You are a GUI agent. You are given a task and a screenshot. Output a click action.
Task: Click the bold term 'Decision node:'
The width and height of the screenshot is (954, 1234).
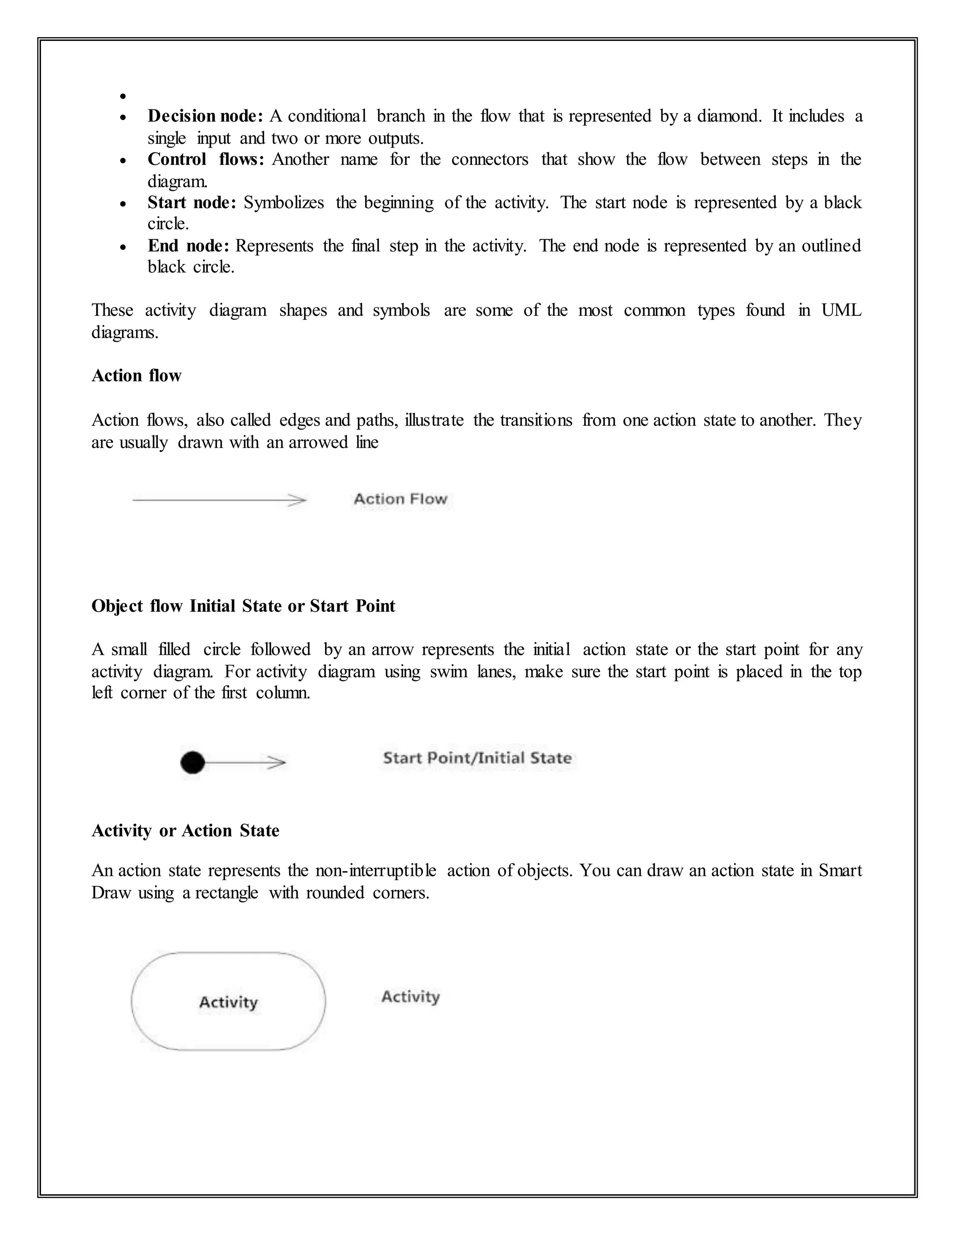point(205,116)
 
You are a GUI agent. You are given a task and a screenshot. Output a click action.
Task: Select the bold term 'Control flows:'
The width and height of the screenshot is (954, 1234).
point(206,159)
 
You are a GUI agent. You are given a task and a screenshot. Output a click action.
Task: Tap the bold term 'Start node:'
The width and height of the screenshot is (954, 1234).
point(191,203)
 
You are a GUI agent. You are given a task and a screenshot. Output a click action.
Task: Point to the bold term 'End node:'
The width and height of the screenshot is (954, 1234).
point(188,246)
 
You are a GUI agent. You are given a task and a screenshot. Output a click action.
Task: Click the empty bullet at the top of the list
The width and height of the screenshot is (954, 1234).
point(123,96)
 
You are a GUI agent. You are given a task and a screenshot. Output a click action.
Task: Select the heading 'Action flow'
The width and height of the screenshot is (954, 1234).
point(136,376)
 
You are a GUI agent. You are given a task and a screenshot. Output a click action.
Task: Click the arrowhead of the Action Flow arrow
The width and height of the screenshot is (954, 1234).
point(298,500)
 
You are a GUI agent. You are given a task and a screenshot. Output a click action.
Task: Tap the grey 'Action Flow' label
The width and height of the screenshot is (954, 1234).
point(400,499)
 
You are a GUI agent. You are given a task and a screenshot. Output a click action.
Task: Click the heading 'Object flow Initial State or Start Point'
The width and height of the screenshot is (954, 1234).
point(243,606)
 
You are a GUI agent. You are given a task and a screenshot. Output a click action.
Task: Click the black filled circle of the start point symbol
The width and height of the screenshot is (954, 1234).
point(193,763)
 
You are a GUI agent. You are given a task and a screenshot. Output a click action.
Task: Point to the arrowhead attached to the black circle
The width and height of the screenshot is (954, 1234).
point(278,763)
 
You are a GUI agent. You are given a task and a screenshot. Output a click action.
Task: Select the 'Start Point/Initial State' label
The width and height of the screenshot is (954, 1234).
point(477,758)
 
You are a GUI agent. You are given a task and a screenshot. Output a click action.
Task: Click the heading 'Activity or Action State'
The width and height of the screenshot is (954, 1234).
point(185,831)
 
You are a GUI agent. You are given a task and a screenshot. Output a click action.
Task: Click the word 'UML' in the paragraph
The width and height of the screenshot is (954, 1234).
point(841,311)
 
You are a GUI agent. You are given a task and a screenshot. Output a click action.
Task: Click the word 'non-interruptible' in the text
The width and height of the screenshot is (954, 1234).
point(376,871)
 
